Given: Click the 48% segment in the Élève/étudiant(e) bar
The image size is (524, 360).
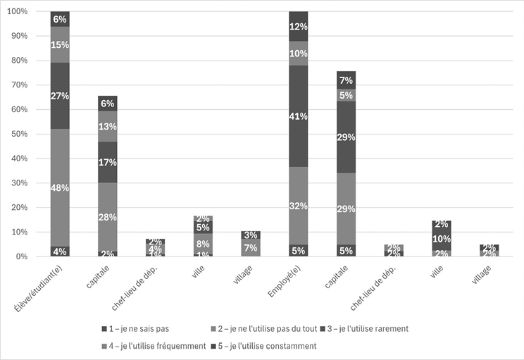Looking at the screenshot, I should (x=60, y=188).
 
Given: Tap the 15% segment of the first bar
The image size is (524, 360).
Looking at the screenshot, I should (x=60, y=45).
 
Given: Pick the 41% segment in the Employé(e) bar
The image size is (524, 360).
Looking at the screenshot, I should (x=299, y=116).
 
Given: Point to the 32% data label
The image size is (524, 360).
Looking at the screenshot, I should (x=299, y=206).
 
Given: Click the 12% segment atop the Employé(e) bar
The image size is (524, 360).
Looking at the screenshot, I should (x=299, y=27).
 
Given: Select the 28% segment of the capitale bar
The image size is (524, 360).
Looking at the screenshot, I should (x=108, y=216).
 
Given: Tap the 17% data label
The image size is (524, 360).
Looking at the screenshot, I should (x=108, y=162).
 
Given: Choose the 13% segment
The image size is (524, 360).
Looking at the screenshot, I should (x=108, y=126).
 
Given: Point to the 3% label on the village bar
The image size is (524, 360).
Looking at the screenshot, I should (x=251, y=235).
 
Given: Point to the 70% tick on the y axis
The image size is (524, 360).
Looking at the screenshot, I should (x=17, y=85).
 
